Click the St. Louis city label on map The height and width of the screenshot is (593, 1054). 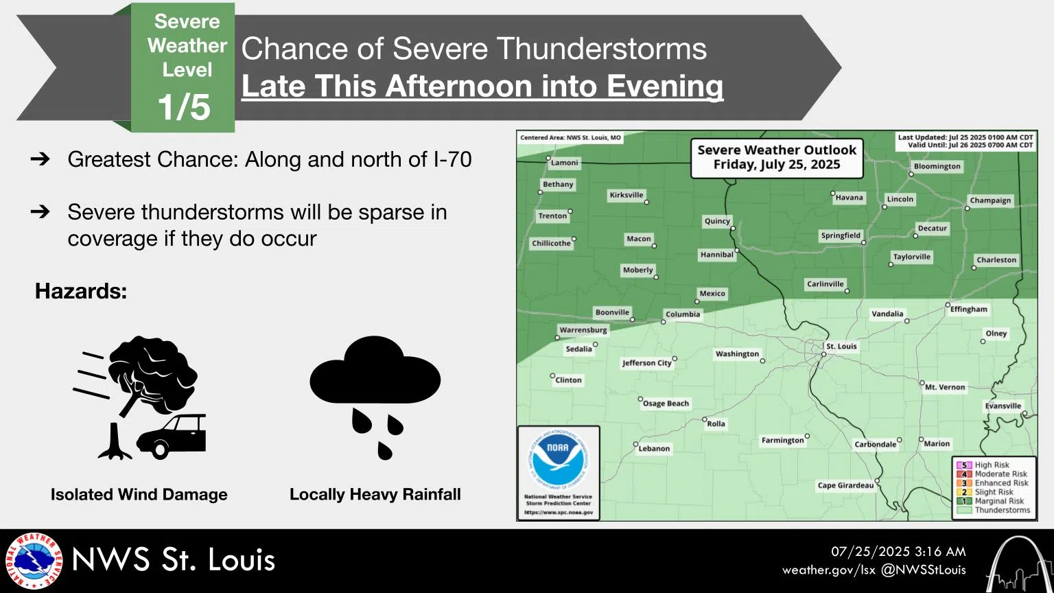(841, 347)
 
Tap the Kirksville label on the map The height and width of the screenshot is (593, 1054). (626, 195)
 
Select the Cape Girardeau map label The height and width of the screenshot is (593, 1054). (845, 485)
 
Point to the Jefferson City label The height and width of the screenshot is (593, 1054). (646, 363)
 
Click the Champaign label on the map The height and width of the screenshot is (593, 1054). (990, 200)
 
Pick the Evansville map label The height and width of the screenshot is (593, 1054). (1003, 406)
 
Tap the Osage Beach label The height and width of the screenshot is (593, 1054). (666, 404)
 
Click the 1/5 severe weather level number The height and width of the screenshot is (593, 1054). (183, 108)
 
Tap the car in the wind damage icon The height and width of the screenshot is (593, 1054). (172, 436)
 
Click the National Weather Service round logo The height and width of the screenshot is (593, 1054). (34, 561)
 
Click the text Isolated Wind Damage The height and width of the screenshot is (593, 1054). (139, 494)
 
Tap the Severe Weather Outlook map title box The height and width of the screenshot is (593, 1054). (777, 157)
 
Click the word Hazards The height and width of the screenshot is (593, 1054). (81, 291)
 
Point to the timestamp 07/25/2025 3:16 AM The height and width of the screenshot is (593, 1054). (898, 552)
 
